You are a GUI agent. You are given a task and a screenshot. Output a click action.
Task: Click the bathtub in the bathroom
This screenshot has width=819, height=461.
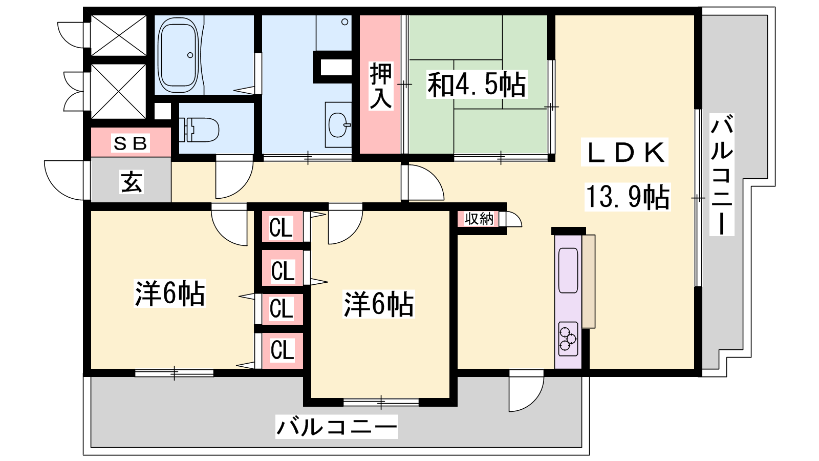point(178,55)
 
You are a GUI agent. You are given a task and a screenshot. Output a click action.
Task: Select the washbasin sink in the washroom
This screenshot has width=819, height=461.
point(338,124)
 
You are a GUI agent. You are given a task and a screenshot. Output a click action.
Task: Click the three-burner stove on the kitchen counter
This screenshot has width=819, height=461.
point(568,339)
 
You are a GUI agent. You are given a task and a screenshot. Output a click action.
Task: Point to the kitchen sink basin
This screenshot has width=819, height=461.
point(568,270)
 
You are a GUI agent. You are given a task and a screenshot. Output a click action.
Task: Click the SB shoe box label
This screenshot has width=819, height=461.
point(130,143)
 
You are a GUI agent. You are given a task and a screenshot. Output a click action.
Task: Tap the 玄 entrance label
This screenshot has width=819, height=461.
point(131,181)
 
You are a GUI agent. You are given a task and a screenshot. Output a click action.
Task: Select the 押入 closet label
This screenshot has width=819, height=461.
point(381,87)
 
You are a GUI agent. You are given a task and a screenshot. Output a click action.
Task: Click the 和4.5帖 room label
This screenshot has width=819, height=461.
point(477,85)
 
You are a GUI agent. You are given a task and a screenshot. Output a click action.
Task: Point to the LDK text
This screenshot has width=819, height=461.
point(625,152)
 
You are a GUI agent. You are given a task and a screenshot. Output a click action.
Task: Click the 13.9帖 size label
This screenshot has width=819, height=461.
point(628,197)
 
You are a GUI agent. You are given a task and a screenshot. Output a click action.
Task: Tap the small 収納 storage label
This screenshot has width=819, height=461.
point(479,219)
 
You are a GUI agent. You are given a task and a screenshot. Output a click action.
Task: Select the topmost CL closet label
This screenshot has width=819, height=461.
point(281,227)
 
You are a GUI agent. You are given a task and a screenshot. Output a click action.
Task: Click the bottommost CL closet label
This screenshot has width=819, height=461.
point(282,350)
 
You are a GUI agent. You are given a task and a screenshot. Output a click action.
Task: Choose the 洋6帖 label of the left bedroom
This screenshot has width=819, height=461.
point(169,293)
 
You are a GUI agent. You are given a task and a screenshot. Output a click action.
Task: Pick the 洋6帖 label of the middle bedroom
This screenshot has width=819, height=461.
point(378,304)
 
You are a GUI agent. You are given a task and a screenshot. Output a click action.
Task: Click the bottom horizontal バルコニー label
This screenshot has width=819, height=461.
point(336,427)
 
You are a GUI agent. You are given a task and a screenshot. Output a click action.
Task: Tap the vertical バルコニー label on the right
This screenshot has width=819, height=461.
point(722,175)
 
